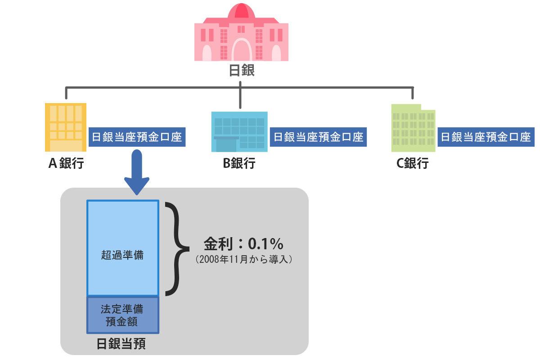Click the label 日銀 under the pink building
coord(242,71)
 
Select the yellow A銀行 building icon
coord(66,128)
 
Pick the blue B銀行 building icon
coord(239,131)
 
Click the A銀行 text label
coord(66,163)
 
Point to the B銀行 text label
coord(239,163)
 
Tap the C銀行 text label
coord(412,163)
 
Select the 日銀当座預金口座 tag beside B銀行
coord(318,137)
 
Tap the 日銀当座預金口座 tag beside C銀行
coord(486,137)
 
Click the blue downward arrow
coord(137,173)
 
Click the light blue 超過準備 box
coord(123,247)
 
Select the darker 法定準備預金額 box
coord(123,315)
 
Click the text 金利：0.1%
coord(243,244)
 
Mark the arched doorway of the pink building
coord(242,50)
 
